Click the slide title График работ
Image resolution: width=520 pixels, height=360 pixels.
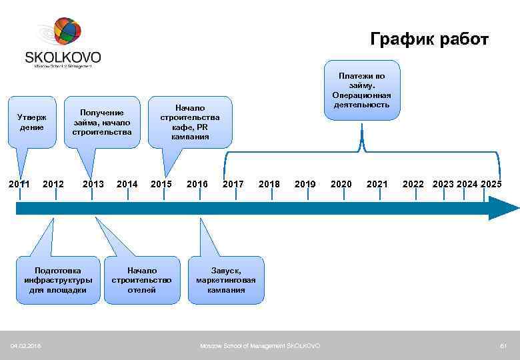(429, 39)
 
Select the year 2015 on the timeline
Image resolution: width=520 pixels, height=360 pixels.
(161, 183)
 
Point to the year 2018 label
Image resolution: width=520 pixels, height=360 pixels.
(269, 183)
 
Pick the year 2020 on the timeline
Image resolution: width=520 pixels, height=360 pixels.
(341, 183)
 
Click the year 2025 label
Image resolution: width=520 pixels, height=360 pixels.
(491, 183)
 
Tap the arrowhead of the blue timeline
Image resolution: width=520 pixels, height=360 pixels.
(504, 208)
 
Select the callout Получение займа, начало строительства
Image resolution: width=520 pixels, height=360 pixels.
(102, 122)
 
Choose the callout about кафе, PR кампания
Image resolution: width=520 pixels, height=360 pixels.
(190, 122)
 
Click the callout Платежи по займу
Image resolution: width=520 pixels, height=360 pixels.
(362, 90)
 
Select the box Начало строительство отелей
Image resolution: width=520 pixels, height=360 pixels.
(142, 280)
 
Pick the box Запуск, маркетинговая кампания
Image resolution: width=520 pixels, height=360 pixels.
(226, 280)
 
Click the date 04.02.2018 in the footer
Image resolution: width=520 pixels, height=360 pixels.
(25, 345)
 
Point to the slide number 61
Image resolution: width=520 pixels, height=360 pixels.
(504, 345)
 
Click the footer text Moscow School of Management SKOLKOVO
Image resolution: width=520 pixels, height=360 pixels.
(260, 345)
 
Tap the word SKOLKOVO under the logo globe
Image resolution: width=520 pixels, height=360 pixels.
(63, 57)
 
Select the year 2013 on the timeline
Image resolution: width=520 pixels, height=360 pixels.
(93, 183)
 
